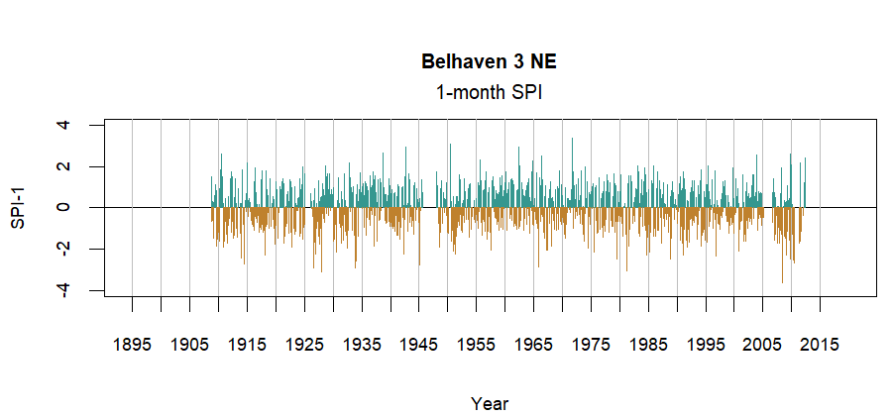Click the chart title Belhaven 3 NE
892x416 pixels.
click(489, 62)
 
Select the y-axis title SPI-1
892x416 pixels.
click(19, 207)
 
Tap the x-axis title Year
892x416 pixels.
click(490, 403)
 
